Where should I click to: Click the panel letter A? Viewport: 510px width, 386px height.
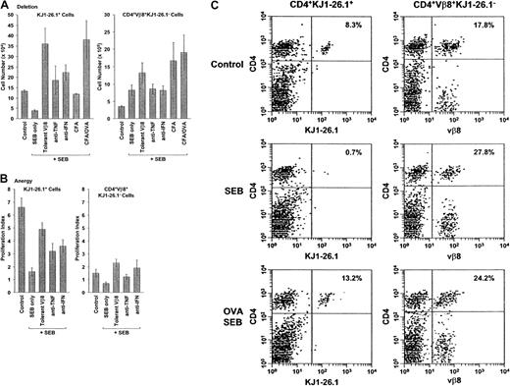tap(5, 8)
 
